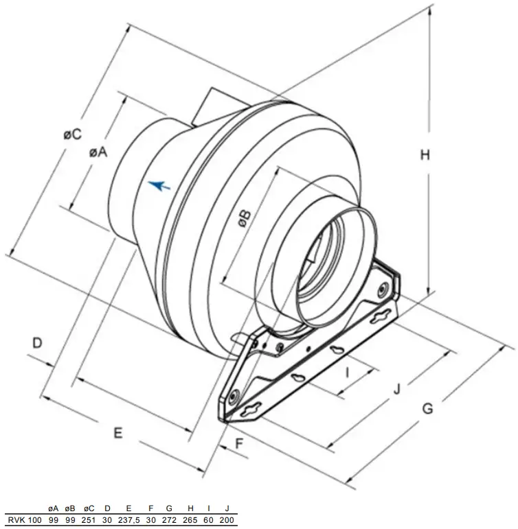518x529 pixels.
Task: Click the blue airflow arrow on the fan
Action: pos(159,185)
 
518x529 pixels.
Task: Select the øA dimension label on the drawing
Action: pos(98,152)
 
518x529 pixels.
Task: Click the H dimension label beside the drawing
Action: pos(425,155)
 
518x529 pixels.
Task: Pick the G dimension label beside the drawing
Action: pos(427,408)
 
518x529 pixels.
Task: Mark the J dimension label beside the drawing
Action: pos(396,389)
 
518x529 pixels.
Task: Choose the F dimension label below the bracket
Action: pos(239,443)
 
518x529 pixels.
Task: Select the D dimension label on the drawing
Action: pos(38,341)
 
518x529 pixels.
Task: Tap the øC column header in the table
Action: pos(89,508)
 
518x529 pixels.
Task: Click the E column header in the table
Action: pos(129,508)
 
